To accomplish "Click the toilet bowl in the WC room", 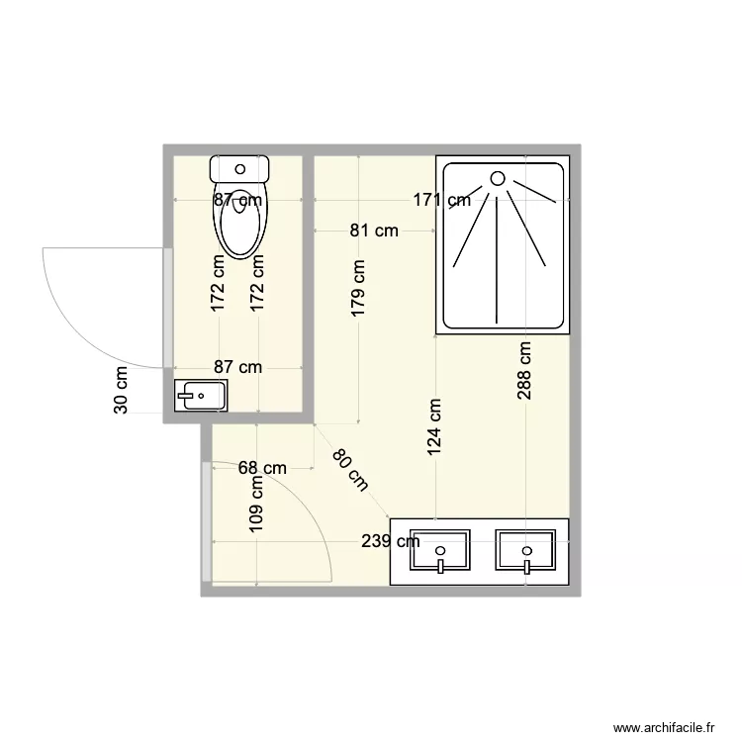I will [240, 223].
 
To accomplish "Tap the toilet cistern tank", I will [240, 167].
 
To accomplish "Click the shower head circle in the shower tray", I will [498, 179].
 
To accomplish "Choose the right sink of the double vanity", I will [527, 550].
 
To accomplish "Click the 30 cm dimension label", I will [121, 390].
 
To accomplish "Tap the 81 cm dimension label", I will [374, 231].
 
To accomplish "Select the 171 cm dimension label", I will [441, 201].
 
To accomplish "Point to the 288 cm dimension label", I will [524, 370].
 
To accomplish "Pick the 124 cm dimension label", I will [434, 425].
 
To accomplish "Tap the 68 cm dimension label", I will [262, 468].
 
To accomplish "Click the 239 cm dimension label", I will [389, 541].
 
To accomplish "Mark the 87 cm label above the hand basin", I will [237, 367].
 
